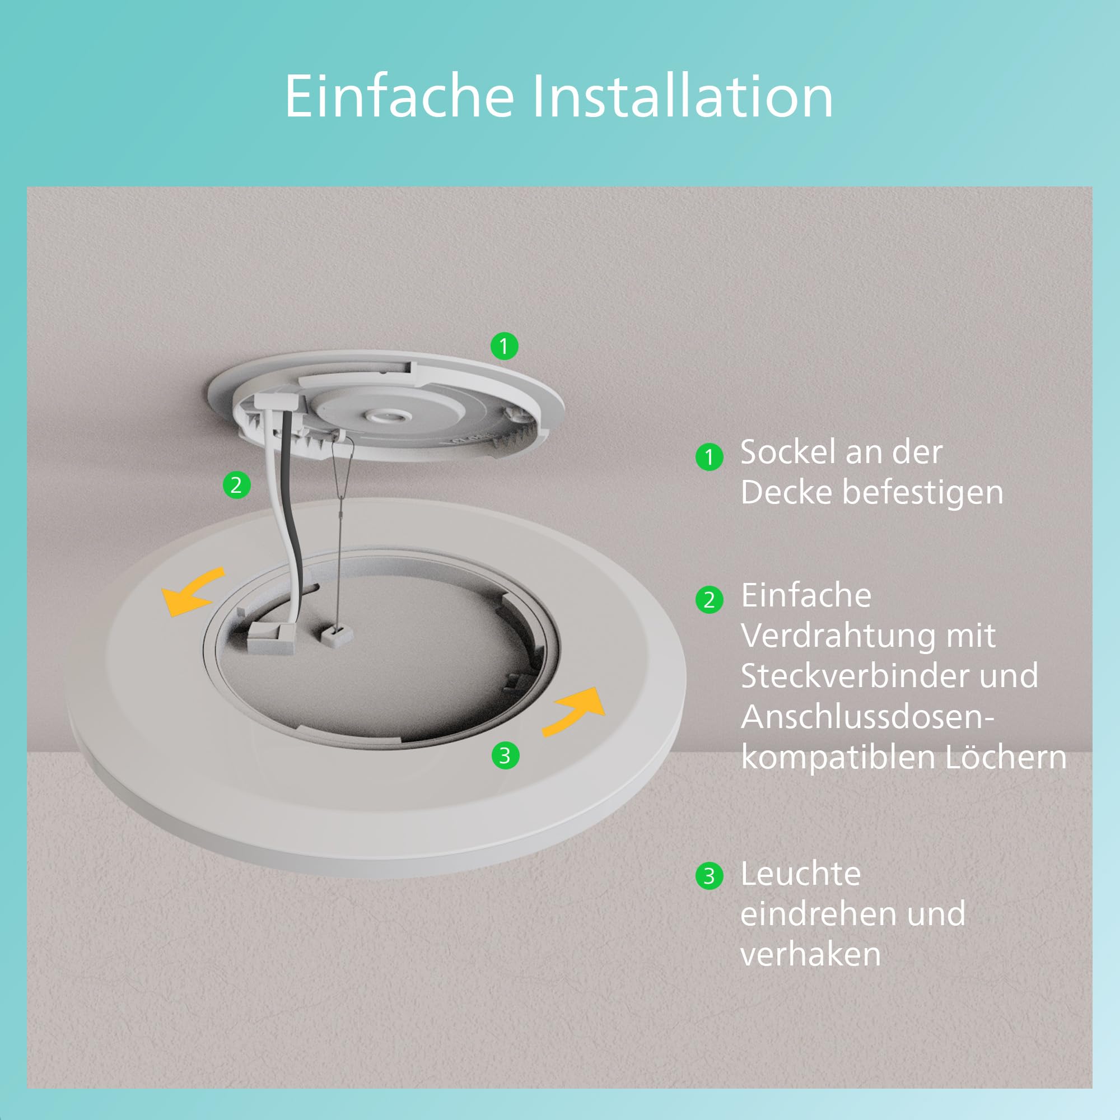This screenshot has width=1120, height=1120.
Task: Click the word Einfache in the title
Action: pyautogui.click(x=399, y=96)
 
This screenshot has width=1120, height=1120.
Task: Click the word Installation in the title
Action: pyautogui.click(x=683, y=96)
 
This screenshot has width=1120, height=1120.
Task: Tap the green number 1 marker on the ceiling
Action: pyautogui.click(x=504, y=346)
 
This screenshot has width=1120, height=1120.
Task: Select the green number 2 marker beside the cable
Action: pyautogui.click(x=236, y=484)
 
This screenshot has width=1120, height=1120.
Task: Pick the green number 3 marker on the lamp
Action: pyautogui.click(x=505, y=756)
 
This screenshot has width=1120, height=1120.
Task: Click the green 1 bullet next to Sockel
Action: pyautogui.click(x=709, y=458)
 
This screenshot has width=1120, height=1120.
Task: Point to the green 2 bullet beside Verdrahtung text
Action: pyautogui.click(x=709, y=600)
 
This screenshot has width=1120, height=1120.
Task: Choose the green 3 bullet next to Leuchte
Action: pyautogui.click(x=709, y=876)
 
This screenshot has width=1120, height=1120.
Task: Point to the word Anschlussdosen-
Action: pyautogui.click(x=868, y=717)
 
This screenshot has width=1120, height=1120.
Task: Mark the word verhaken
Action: pyautogui.click(x=810, y=954)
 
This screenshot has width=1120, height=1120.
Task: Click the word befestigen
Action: pyautogui.click(x=922, y=493)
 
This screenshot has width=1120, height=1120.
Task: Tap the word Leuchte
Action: pyautogui.click(x=801, y=874)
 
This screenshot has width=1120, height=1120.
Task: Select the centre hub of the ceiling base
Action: pyautogui.click(x=385, y=415)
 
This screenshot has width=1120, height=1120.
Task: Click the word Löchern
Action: pyautogui.click(x=1006, y=758)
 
